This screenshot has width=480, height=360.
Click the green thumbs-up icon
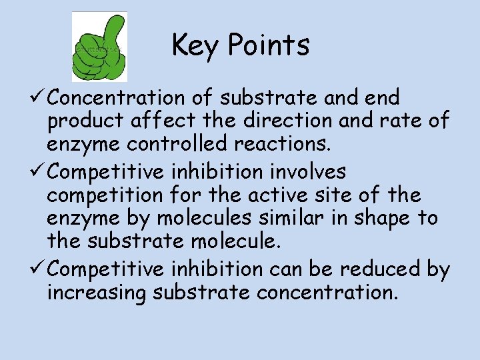click(x=100, y=47)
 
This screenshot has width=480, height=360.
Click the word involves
click(x=313, y=172)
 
